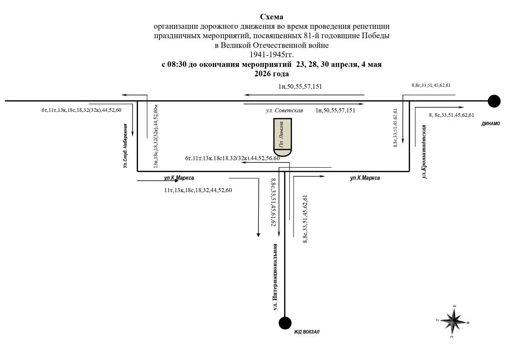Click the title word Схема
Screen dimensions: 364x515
pos(271,17)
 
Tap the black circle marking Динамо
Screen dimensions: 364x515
pos(494,101)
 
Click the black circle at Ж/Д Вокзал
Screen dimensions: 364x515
pos(285,323)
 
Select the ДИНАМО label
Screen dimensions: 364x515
pos(491,124)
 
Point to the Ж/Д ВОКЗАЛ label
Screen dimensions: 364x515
pos(307,332)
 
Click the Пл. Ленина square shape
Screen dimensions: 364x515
pos(283,137)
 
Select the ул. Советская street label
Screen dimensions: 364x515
pos(284,111)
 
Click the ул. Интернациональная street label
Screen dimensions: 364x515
pos(275,277)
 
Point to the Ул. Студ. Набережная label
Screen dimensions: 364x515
pos(125,146)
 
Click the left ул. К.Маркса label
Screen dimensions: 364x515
pos(179,178)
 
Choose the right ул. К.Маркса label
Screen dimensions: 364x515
pos(365,178)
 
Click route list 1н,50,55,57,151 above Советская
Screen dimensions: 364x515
pos(300,87)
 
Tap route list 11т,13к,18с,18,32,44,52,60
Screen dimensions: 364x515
pos(198,190)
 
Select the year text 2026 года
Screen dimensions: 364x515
pos(271,74)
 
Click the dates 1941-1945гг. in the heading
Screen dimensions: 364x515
pos(271,55)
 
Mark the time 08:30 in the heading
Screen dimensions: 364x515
pos(177,65)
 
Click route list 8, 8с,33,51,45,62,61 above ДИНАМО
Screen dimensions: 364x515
pos(451,115)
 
